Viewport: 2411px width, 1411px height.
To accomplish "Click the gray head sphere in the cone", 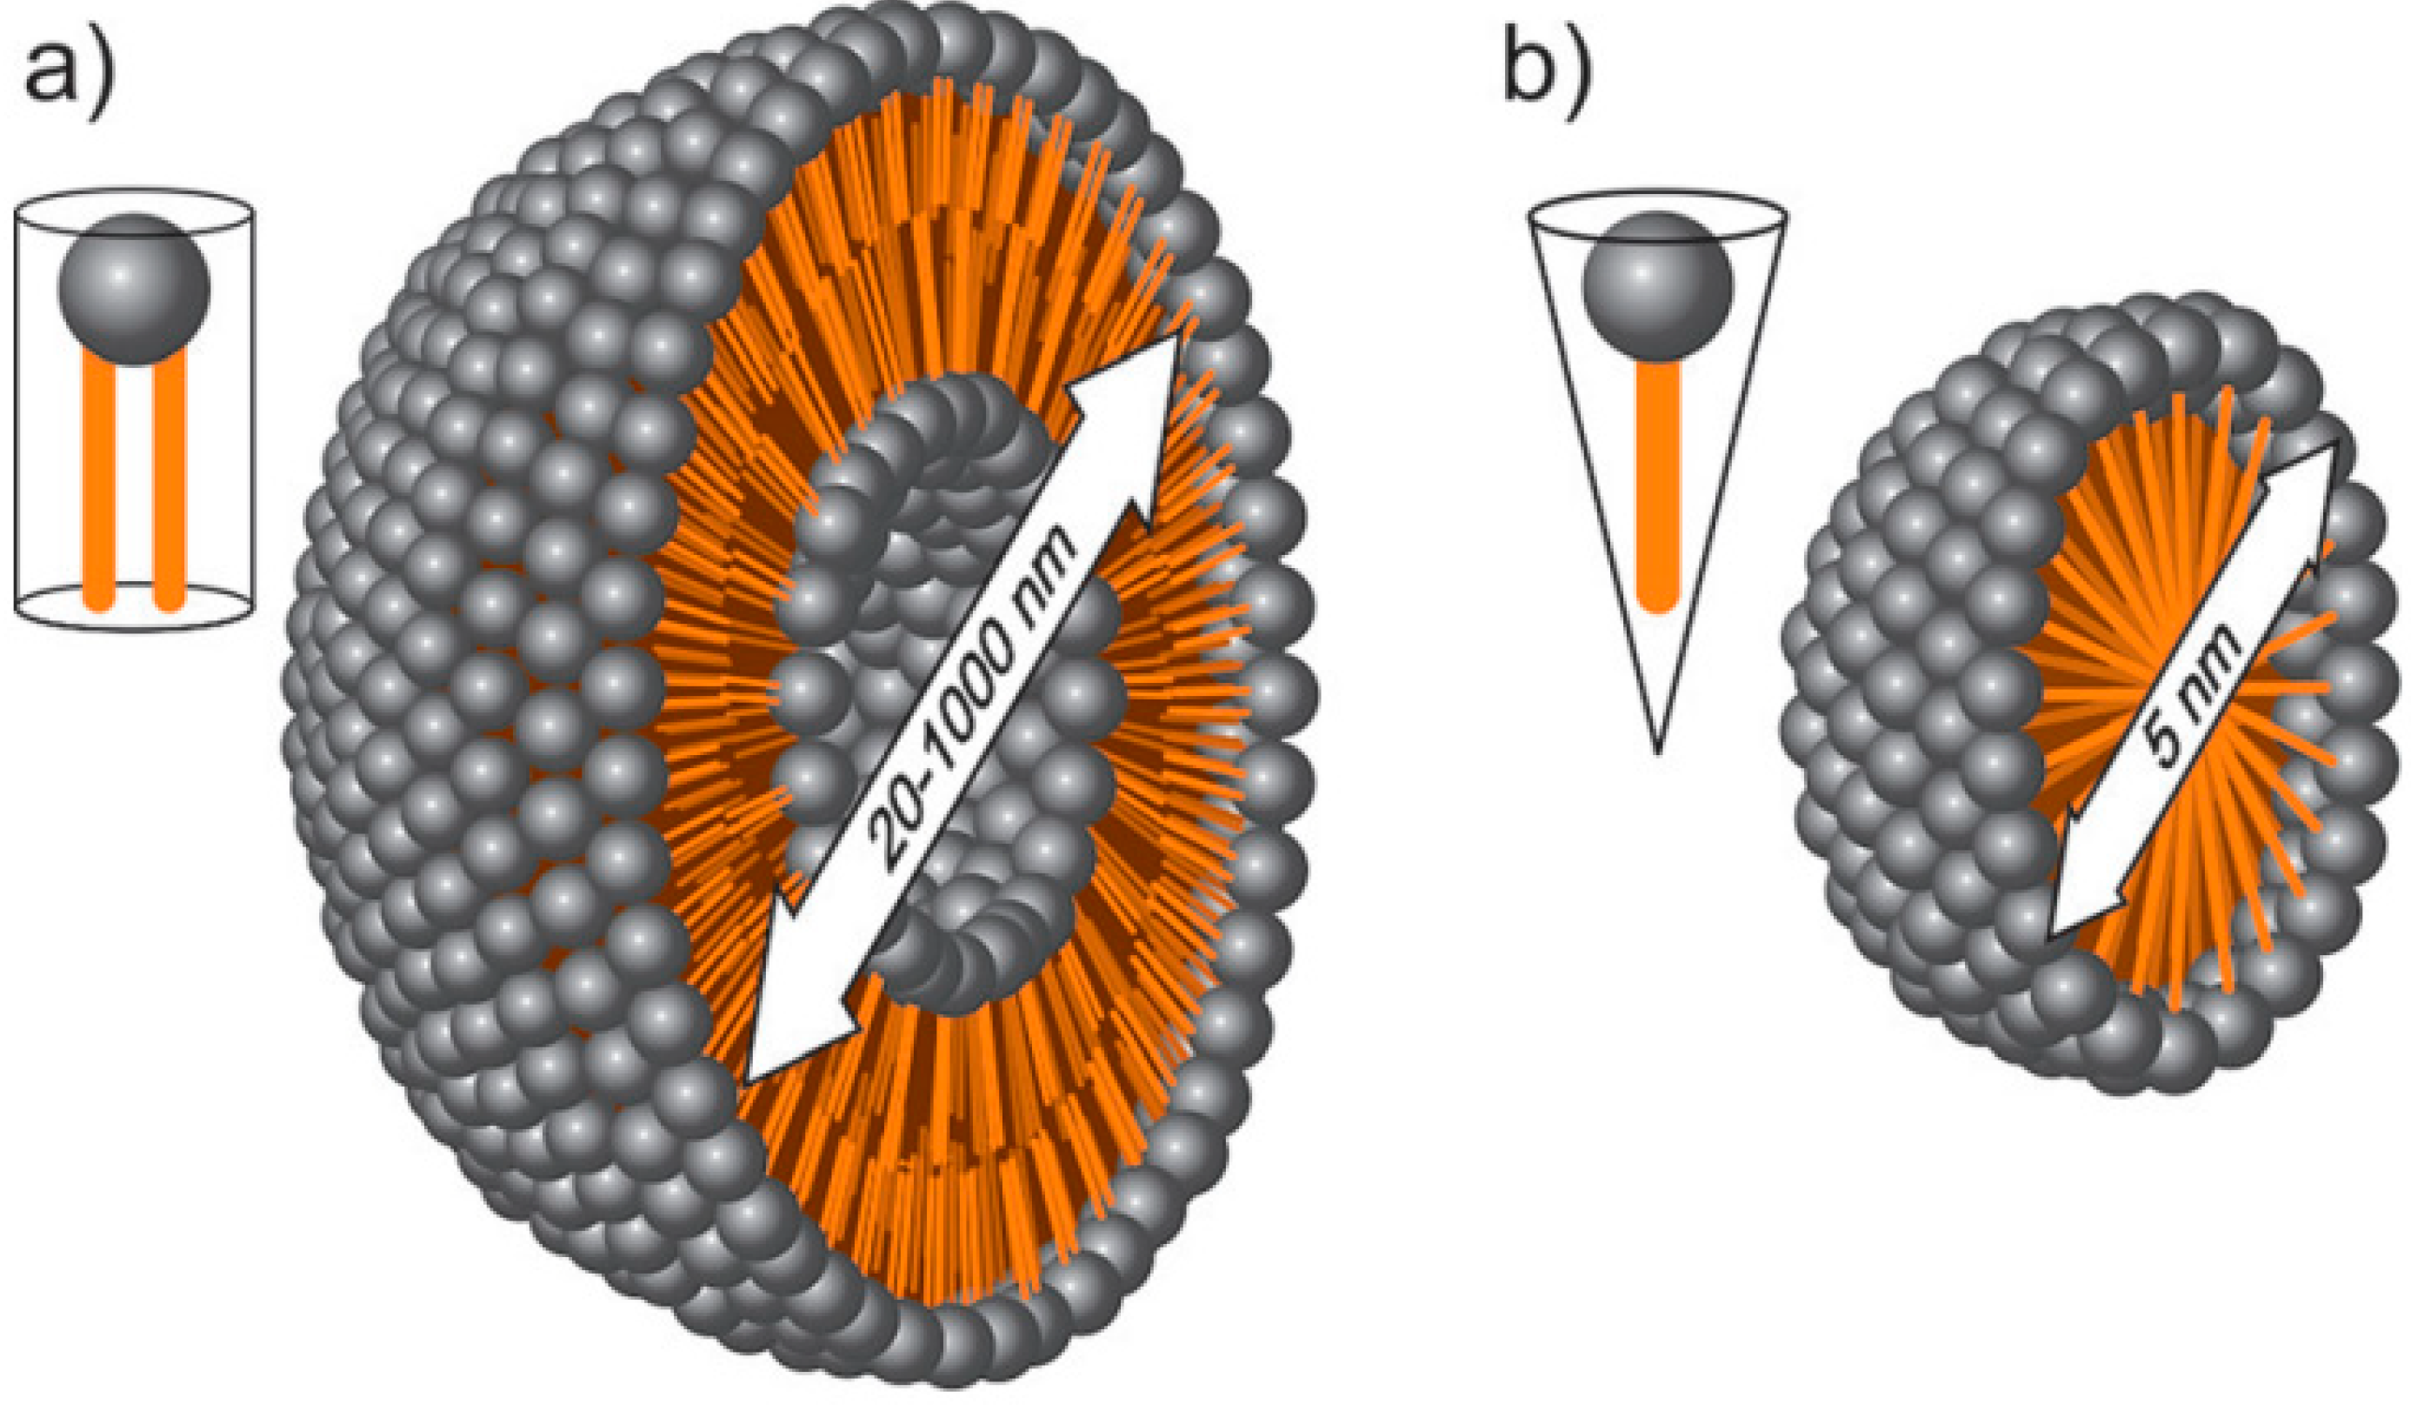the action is pyautogui.click(x=1657, y=285).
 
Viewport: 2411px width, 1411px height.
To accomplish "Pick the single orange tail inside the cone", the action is pyautogui.click(x=1657, y=488).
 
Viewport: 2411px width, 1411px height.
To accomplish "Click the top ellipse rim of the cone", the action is pyautogui.click(x=1657, y=201).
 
